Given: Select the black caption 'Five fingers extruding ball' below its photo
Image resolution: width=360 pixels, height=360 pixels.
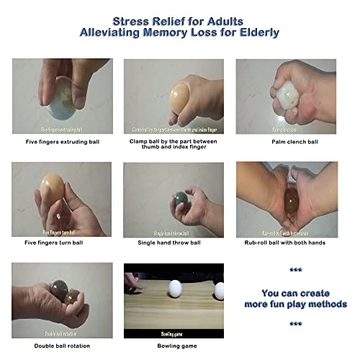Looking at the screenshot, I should pos(61,142).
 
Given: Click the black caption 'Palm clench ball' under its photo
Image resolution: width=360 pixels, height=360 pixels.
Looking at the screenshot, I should pos(286,142).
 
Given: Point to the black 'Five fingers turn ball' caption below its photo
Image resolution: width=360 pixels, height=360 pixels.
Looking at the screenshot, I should pos(61,243).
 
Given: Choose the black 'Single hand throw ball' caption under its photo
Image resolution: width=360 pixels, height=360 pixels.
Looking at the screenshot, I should pos(174,243).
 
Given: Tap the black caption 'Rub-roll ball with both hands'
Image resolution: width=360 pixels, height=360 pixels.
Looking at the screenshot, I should pos(286,243).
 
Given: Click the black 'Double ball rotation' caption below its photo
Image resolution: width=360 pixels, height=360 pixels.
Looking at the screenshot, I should pos(61,345).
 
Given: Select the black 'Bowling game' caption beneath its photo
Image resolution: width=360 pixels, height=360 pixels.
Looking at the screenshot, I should pos(174,345).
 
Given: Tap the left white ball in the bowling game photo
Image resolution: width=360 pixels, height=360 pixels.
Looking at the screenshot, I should pos(174,290).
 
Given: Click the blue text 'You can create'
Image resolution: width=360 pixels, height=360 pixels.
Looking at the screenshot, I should pos(294,293).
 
